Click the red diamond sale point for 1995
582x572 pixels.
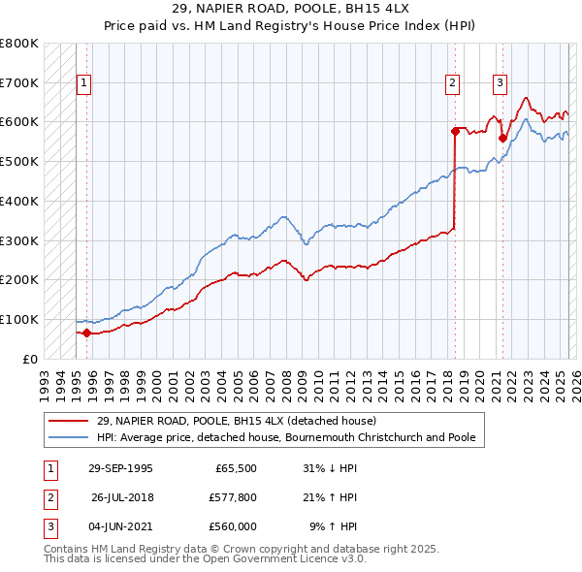tap(86, 333)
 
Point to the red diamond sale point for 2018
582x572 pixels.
tap(455, 130)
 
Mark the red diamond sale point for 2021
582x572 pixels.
tap(502, 138)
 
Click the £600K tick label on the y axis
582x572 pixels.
tap(19, 122)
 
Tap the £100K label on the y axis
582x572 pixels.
tap(19, 319)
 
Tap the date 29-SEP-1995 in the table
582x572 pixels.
tap(120, 468)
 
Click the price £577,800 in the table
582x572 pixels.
tap(232, 497)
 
